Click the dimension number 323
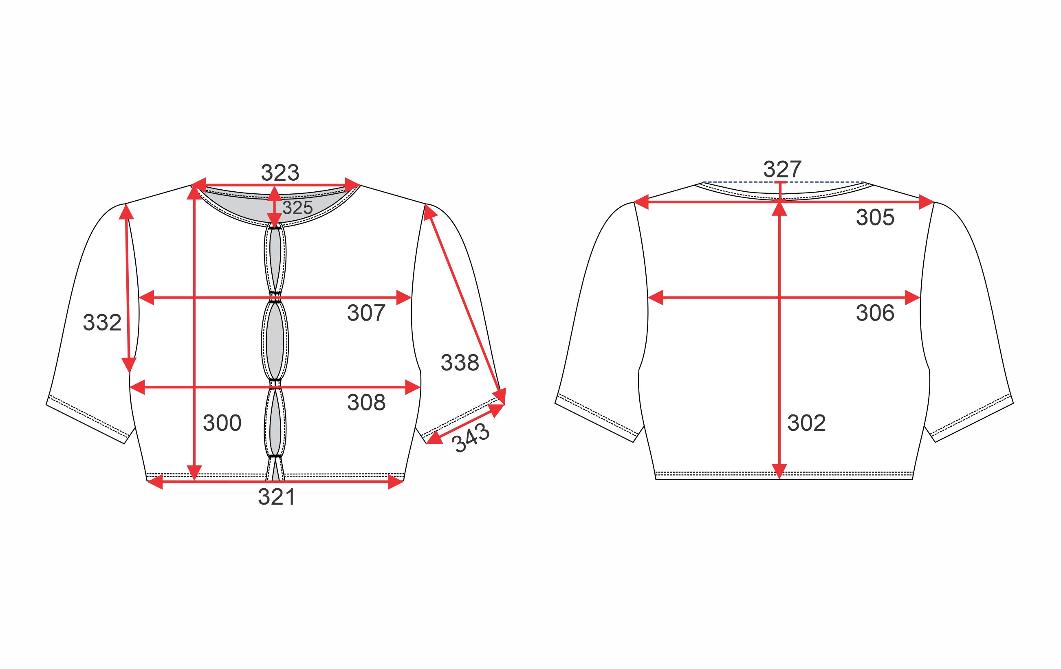tap(280, 173)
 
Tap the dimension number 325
tap(297, 208)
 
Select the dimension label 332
tap(102, 323)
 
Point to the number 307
tap(366, 313)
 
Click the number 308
tap(366, 403)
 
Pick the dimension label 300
tap(222, 423)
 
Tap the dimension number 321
tap(277, 497)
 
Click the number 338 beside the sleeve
tap(460, 363)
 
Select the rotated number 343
tap(471, 438)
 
